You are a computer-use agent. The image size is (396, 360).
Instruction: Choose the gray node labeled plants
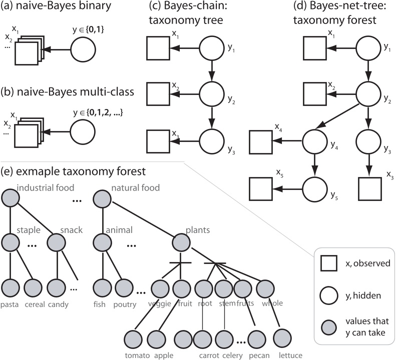183,243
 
